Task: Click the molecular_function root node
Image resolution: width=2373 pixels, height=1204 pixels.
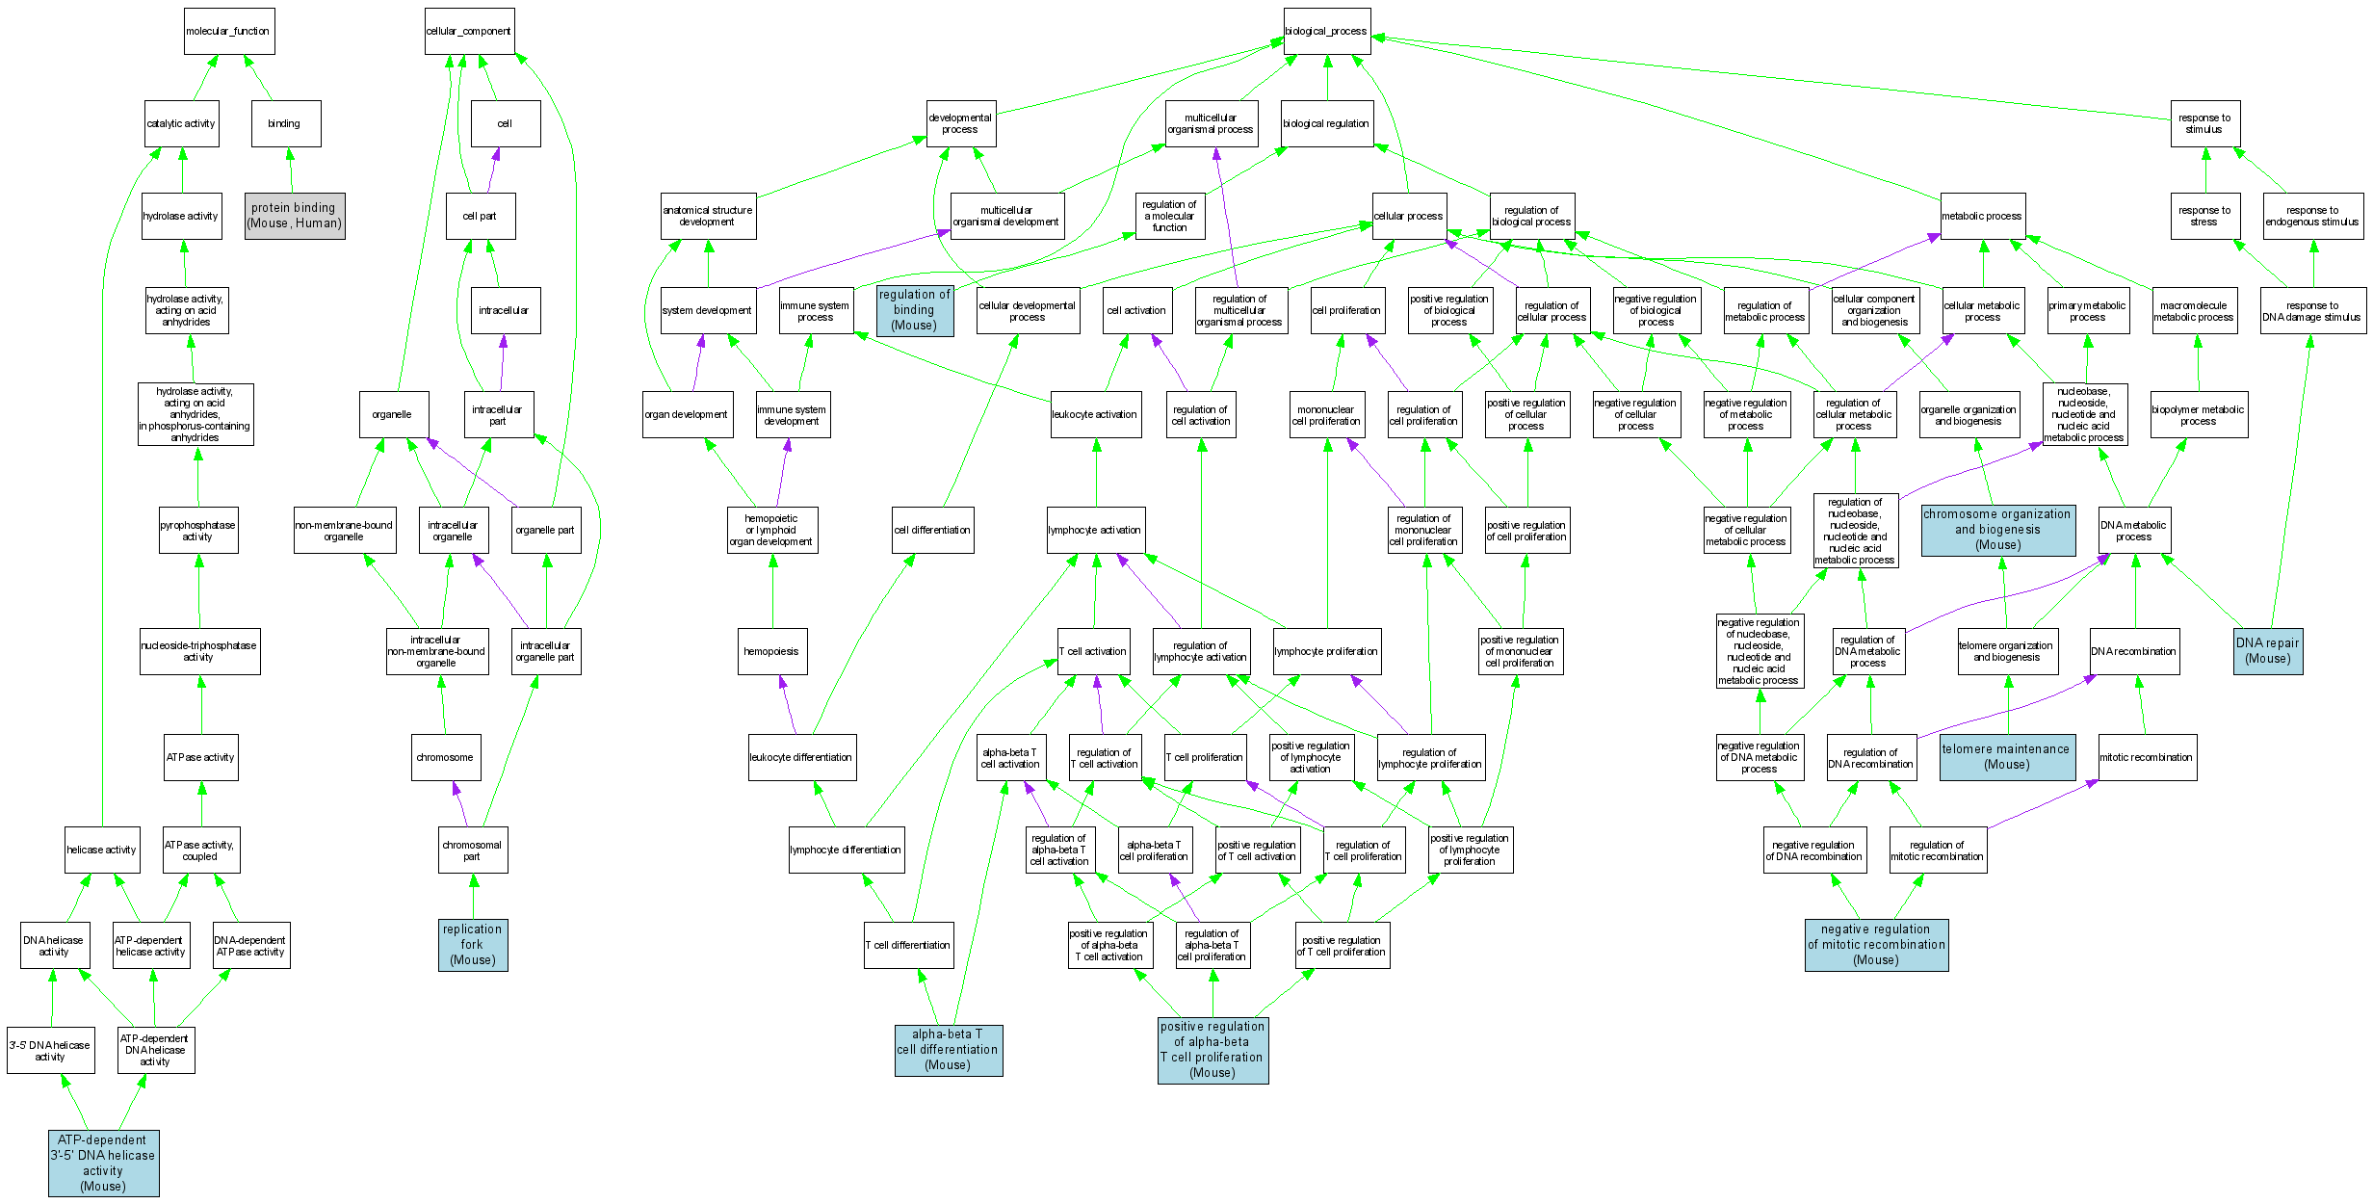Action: click(x=229, y=32)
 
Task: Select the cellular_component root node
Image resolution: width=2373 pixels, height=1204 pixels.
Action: click(x=469, y=32)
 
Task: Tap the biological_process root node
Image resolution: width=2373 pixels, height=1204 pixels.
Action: click(x=1326, y=32)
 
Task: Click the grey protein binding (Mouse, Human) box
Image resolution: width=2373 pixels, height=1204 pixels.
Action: click(x=295, y=216)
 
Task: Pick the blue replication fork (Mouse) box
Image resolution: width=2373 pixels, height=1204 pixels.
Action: click(x=473, y=945)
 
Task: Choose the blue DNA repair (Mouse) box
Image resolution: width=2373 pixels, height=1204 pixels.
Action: click(x=2268, y=651)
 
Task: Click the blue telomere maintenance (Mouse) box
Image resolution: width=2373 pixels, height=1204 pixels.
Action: click(x=2007, y=757)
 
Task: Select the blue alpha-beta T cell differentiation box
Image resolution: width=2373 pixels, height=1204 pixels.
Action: click(x=949, y=1050)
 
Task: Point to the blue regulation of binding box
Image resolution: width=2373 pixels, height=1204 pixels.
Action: click(x=915, y=310)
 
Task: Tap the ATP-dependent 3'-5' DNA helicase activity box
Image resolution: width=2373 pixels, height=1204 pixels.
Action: click(x=104, y=1163)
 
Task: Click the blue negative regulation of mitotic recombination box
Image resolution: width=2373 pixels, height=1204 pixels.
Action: click(x=1876, y=945)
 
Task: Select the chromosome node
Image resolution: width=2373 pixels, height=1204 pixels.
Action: click(x=446, y=757)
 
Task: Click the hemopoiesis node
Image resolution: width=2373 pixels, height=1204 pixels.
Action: click(x=772, y=651)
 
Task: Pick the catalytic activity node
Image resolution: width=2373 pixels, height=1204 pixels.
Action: click(x=182, y=123)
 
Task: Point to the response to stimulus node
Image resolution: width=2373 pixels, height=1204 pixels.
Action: click(x=2204, y=123)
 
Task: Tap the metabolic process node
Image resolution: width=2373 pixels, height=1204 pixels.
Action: click(x=1982, y=216)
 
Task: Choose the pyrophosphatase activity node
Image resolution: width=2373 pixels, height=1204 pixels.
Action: click(x=198, y=531)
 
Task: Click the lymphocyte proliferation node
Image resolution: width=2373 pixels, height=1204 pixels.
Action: click(x=1326, y=651)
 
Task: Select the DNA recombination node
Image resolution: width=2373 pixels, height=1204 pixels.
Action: click(x=2134, y=651)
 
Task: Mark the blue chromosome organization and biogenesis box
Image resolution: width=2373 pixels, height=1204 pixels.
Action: click(x=1997, y=530)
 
